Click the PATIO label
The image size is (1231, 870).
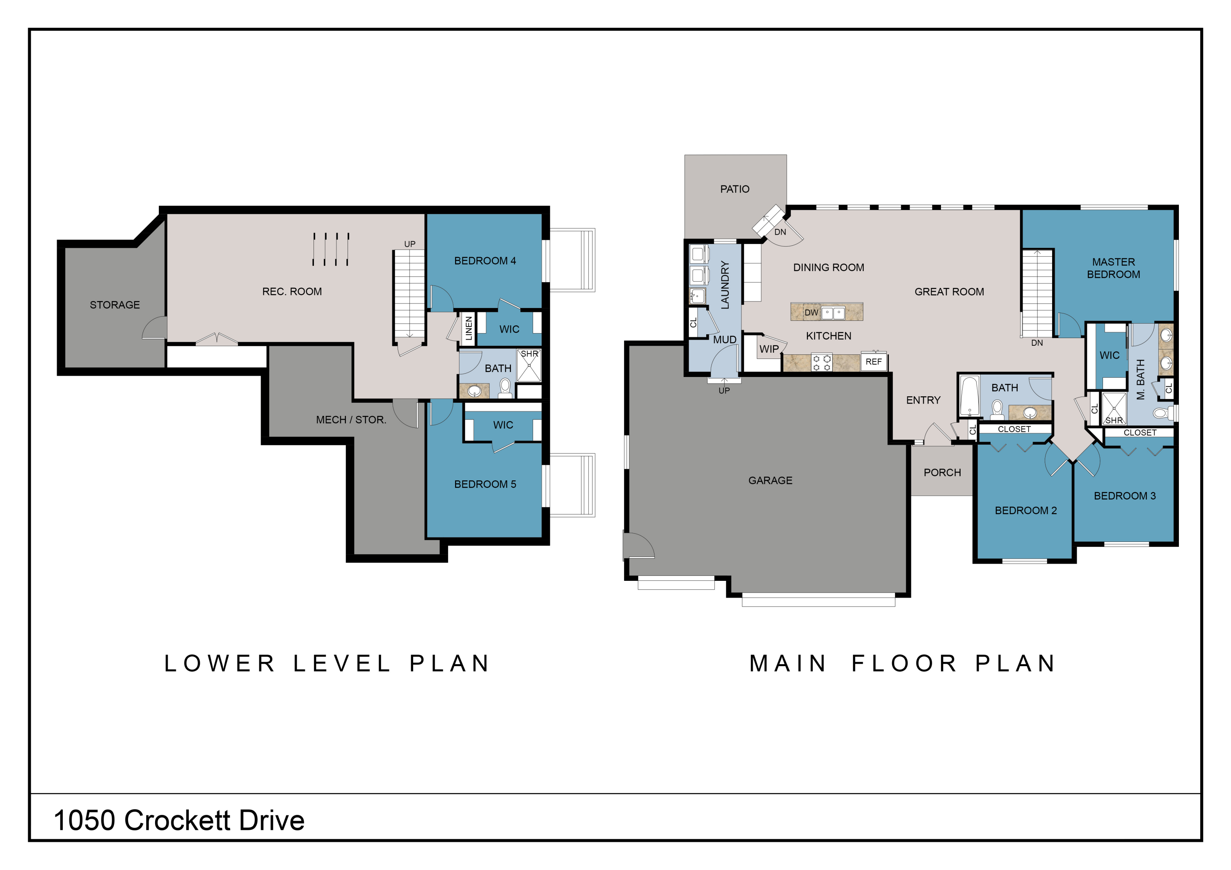pyautogui.click(x=734, y=189)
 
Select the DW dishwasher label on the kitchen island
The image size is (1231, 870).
pyautogui.click(x=811, y=313)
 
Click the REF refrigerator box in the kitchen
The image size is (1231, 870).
pyautogui.click(x=873, y=362)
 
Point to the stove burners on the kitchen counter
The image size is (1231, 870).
pyautogui.click(x=821, y=362)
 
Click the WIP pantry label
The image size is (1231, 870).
pyautogui.click(x=769, y=349)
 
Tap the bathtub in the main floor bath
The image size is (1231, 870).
pyautogui.click(x=969, y=397)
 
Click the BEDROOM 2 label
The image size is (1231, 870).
pyautogui.click(x=1026, y=511)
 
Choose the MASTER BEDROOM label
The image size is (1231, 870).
pyautogui.click(x=1114, y=268)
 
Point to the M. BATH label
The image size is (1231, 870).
pyautogui.click(x=1140, y=379)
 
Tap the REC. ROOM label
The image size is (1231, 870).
pyautogui.click(x=292, y=292)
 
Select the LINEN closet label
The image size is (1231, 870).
pyautogui.click(x=469, y=328)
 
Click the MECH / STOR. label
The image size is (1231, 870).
pyautogui.click(x=351, y=420)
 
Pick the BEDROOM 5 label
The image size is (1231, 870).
pyautogui.click(x=485, y=484)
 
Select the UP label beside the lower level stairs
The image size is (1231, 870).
pyautogui.click(x=410, y=244)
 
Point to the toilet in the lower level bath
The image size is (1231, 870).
pyautogui.click(x=505, y=388)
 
